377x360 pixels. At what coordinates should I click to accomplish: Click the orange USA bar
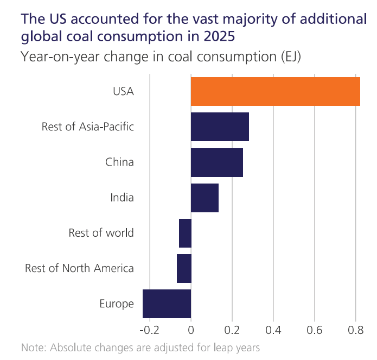(276, 91)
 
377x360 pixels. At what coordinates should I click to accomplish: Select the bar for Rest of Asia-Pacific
(220, 127)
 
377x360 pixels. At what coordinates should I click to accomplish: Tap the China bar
(217, 162)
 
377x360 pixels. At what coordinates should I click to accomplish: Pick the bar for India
(205, 198)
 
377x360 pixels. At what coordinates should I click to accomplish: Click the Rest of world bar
(185, 233)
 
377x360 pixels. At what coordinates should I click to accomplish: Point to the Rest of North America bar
(184, 268)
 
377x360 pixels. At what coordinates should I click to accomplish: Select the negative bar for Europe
(167, 304)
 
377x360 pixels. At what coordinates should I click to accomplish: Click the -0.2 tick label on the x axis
(150, 330)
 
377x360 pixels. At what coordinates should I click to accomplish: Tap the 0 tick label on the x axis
(191, 330)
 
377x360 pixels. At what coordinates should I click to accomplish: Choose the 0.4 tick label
(273, 330)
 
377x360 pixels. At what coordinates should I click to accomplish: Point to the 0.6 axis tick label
(315, 330)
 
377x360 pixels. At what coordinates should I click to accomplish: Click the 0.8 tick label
(356, 330)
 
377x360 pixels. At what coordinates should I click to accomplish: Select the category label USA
(123, 91)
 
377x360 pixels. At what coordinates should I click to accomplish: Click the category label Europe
(117, 304)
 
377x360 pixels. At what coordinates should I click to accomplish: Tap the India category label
(122, 198)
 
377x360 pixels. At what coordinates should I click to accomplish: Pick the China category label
(119, 162)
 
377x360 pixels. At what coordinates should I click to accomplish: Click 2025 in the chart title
(219, 36)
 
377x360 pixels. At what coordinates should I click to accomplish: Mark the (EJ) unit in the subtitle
(291, 57)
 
